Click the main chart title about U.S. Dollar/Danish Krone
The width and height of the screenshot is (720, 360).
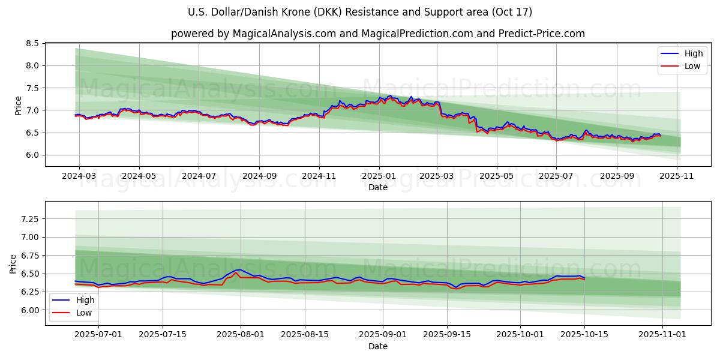(360, 12)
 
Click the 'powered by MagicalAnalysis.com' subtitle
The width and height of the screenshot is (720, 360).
(378, 34)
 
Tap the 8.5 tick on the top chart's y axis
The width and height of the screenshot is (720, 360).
(32, 44)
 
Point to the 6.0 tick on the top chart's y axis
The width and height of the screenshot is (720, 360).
(32, 155)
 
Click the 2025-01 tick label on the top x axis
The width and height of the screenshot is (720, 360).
(379, 176)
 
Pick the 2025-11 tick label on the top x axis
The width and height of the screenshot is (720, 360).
(677, 176)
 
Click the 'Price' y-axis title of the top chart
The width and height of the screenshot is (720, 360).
(18, 106)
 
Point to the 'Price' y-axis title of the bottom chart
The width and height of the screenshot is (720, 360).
(13, 264)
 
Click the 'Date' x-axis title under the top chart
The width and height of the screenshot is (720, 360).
(378, 187)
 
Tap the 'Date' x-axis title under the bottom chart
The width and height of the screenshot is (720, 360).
(378, 346)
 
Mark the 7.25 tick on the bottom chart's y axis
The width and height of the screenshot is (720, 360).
(29, 219)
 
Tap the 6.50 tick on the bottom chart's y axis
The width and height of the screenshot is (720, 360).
(29, 274)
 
